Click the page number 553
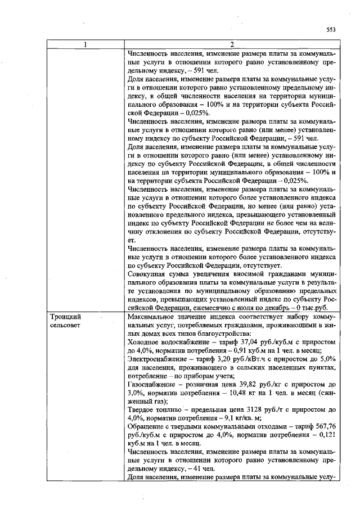[331, 30]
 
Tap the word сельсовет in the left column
[64, 326]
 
